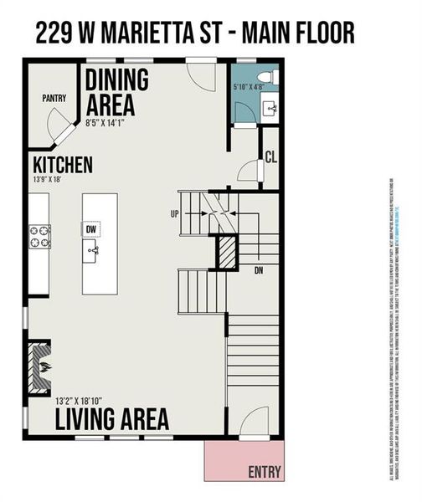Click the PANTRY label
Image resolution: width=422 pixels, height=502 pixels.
(x=54, y=99)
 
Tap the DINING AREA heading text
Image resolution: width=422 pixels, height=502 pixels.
(x=116, y=93)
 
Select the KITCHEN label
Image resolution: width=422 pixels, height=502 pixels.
(x=63, y=164)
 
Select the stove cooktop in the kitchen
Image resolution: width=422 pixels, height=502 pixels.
(x=39, y=237)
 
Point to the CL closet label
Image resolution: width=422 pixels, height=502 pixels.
(x=270, y=156)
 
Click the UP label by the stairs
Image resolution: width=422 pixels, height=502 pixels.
(x=174, y=214)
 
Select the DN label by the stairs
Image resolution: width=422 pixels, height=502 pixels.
(x=260, y=270)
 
